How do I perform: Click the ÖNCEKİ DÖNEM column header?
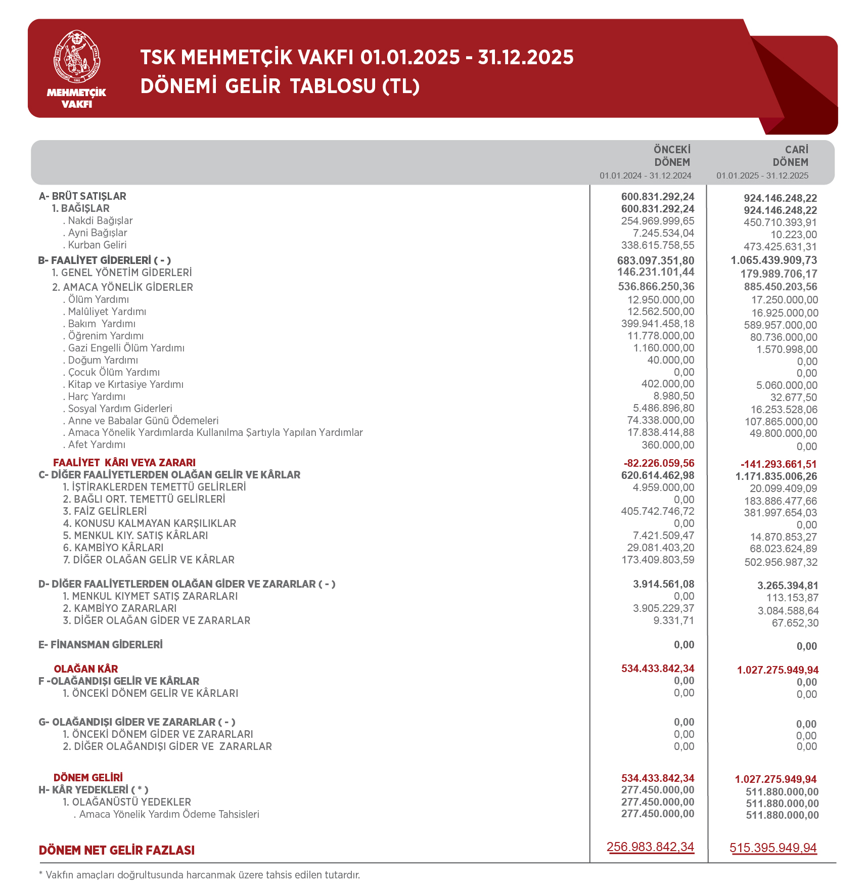(672, 156)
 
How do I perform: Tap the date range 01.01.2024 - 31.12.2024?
(645, 175)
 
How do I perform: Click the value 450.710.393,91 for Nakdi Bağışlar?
(780, 223)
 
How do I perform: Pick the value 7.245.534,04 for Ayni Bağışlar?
(663, 233)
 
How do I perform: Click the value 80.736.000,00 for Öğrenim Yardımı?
(784, 337)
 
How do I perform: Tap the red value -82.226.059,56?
(659, 463)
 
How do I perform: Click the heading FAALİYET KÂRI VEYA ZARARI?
(124, 463)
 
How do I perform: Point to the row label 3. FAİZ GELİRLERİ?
(105, 511)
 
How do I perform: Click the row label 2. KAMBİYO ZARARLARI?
(120, 608)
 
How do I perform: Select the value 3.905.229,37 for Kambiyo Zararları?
(663, 608)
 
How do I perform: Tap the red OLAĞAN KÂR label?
(86, 669)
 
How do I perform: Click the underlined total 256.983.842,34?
(650, 847)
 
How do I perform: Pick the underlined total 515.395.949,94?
(773, 848)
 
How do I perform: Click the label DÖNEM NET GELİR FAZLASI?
(117, 850)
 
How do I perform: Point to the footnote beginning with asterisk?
(199, 875)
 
